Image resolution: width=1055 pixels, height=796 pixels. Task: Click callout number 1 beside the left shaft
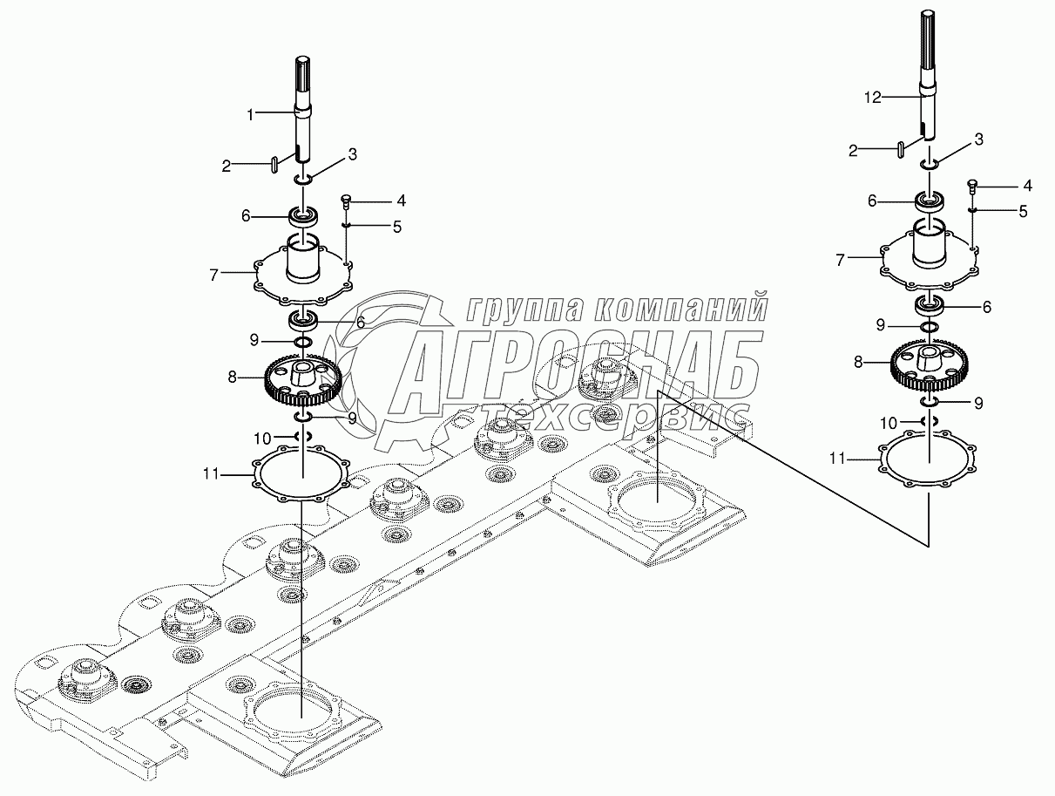(x=250, y=115)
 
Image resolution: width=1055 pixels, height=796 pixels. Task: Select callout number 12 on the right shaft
(x=873, y=99)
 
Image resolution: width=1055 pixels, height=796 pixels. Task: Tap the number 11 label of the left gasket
(x=211, y=474)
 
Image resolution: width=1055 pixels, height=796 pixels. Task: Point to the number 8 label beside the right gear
(x=858, y=362)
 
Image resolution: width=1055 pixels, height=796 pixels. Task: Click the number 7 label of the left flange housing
(x=214, y=276)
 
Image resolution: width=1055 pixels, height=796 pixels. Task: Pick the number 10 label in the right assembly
(x=889, y=423)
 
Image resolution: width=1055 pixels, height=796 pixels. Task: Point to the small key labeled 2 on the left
(x=274, y=165)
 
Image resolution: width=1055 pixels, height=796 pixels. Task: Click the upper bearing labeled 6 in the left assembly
(x=303, y=216)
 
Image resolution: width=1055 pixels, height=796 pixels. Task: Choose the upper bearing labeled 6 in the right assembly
(x=930, y=201)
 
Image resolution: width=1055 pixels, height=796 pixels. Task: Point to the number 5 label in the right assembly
(x=1023, y=211)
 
